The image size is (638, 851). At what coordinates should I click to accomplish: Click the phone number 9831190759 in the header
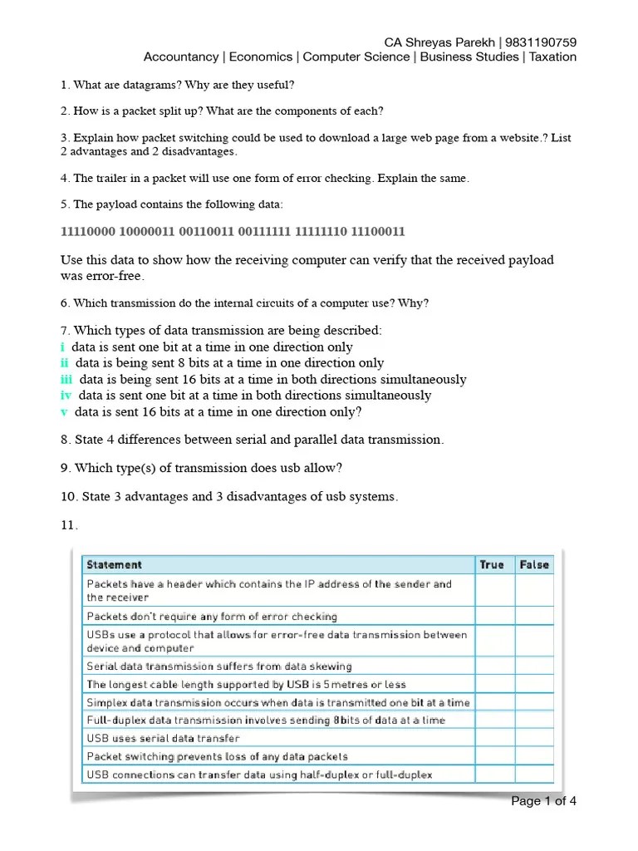tap(542, 42)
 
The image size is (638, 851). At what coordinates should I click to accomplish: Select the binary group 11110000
tap(89, 231)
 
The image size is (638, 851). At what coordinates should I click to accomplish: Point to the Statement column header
tap(115, 564)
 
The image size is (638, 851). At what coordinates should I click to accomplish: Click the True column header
tap(492, 564)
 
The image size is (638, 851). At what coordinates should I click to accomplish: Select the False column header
tap(534, 564)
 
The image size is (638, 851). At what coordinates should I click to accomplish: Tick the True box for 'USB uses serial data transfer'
tap(493, 738)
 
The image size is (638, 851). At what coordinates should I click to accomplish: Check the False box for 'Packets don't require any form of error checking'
tap(534, 617)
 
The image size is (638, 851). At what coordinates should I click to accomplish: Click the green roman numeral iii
tap(66, 379)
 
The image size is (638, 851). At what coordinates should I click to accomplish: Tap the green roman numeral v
tap(64, 411)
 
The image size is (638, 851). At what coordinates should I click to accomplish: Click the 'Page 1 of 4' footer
tap(543, 801)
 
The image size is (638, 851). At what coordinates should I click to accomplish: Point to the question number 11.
tap(69, 525)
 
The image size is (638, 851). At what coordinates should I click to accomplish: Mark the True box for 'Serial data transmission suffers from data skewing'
tap(493, 666)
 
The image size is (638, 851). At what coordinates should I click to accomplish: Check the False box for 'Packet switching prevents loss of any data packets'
tap(534, 756)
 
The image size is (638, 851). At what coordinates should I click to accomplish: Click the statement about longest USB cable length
tap(247, 684)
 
